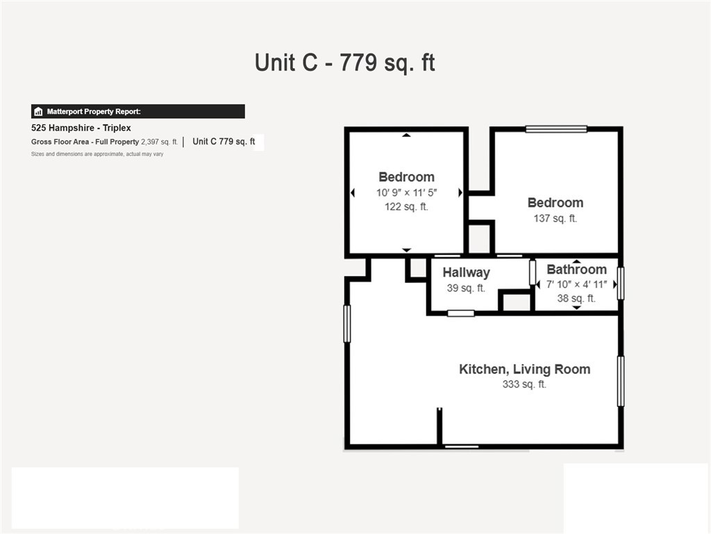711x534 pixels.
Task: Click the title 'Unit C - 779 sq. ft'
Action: [344, 63]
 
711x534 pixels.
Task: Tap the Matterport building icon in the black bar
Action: [38, 111]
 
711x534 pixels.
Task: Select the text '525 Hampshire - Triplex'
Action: [81, 128]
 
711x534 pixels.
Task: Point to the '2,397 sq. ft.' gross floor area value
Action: [159, 142]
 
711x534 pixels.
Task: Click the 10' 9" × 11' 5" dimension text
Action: [406, 193]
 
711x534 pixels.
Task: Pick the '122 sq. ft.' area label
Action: [406, 207]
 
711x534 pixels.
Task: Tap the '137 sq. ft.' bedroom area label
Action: [555, 218]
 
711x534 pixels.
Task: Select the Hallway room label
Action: [466, 273]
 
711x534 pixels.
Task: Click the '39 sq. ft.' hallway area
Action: [466, 288]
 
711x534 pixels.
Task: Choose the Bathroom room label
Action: [576, 269]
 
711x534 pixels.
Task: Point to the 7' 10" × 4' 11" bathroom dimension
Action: [576, 284]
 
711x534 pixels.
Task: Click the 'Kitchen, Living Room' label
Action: [525, 369]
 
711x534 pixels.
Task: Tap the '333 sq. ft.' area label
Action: [524, 384]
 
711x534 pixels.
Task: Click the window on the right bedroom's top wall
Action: [556, 129]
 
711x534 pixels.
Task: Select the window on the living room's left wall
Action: [347, 323]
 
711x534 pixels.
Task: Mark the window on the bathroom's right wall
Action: [621, 284]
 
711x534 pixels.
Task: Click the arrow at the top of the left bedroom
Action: [406, 135]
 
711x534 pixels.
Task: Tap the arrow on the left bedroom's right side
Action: [460, 193]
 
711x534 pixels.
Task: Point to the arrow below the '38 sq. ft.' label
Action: [576, 307]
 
